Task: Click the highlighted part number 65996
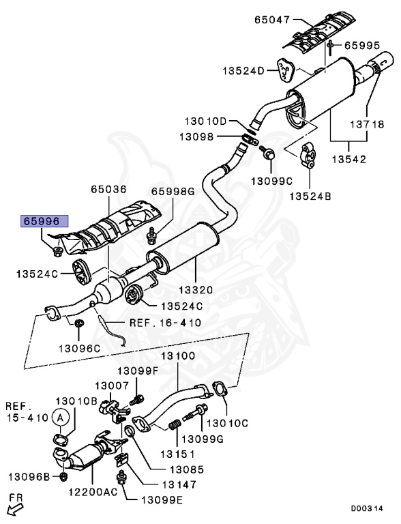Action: (45, 222)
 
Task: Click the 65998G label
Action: (173, 192)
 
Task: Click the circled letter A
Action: (61, 417)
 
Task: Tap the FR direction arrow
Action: (15, 506)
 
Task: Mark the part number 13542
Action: (350, 160)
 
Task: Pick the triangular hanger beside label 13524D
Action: (284, 70)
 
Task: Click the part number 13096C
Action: (78, 349)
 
